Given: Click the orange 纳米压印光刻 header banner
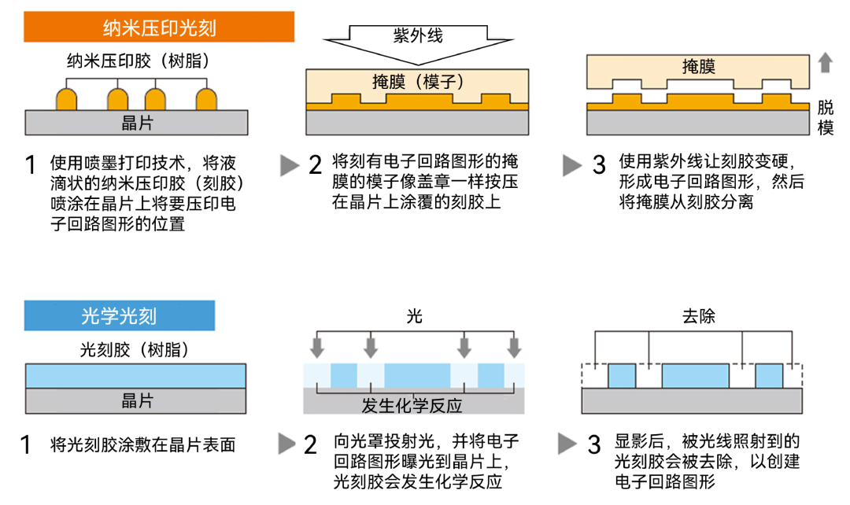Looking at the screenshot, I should point(159,29).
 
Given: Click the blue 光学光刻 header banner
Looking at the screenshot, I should point(119,316).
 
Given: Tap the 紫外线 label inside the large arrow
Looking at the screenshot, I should point(417,35).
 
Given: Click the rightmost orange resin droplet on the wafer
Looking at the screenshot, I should point(206,99).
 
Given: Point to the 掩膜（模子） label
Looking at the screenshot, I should point(417,82).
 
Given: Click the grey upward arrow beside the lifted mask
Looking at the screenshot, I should point(825,62).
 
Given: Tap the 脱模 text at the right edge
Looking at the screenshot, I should point(826,118).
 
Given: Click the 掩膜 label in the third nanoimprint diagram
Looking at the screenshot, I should point(698,67).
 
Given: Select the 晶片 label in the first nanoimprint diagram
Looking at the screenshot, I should point(137,122).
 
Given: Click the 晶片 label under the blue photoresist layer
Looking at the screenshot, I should point(137,400).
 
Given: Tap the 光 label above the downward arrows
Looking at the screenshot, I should point(415,316).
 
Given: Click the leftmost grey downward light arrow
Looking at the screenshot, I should point(317,347).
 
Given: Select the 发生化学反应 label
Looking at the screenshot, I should point(412,406).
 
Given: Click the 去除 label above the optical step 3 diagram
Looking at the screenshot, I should point(698,316).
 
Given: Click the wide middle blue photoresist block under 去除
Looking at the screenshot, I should point(695,376).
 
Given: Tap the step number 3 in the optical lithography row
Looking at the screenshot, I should point(594,444).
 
